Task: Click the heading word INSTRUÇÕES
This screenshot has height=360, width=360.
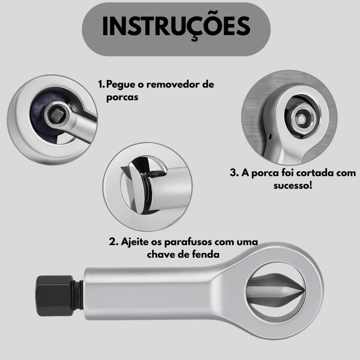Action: [176, 26]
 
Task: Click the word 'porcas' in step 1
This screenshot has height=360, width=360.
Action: [122, 97]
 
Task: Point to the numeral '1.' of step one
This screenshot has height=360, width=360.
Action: [101, 84]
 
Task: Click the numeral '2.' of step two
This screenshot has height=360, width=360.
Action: [114, 242]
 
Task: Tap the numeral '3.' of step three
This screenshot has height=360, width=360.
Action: [234, 173]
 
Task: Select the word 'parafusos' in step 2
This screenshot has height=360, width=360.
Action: [188, 242]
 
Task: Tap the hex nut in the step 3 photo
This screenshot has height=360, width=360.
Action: [302, 118]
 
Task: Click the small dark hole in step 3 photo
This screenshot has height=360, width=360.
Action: [270, 137]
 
